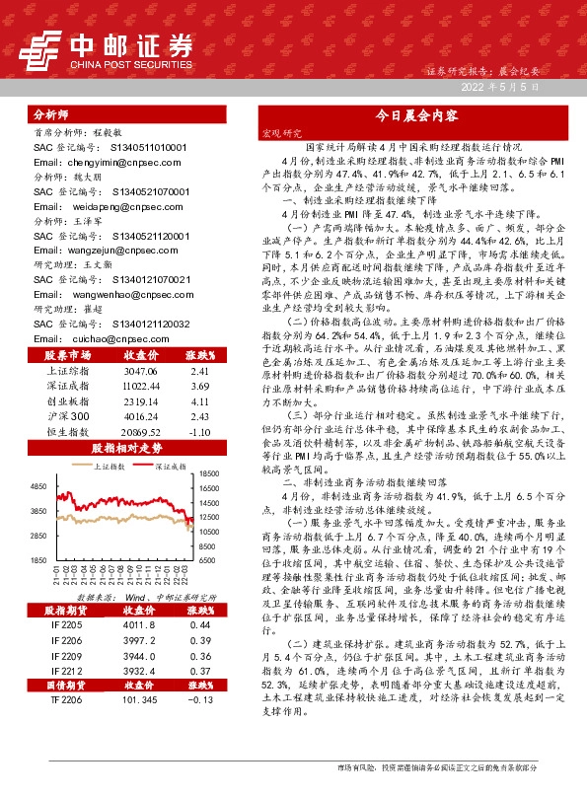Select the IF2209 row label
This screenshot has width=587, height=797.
click(x=68, y=655)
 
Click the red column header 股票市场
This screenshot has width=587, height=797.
click(x=68, y=354)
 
